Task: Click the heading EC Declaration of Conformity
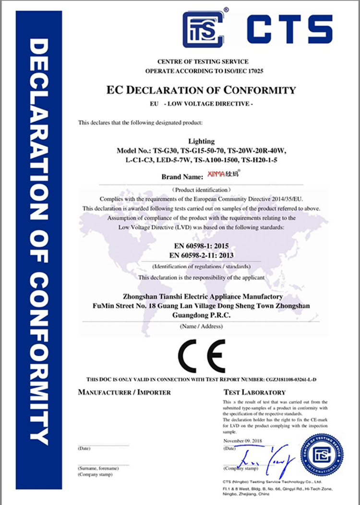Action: [x=201, y=90]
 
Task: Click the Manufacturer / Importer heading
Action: [x=124, y=392]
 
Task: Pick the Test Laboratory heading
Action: [x=254, y=392]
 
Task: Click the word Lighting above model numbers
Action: [x=201, y=143]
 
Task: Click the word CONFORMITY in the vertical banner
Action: [x=39, y=360]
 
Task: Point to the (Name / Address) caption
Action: [x=201, y=326]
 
